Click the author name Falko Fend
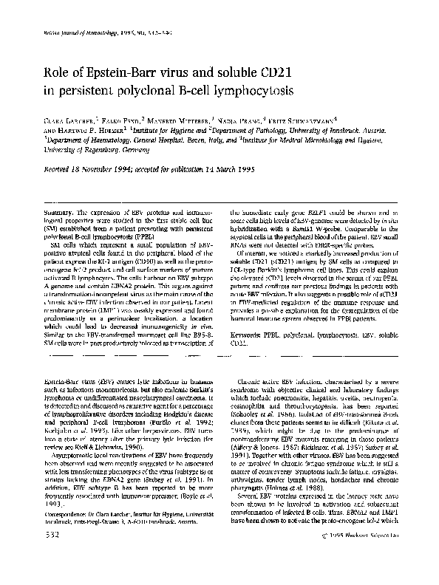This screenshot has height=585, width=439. pos(121,117)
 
